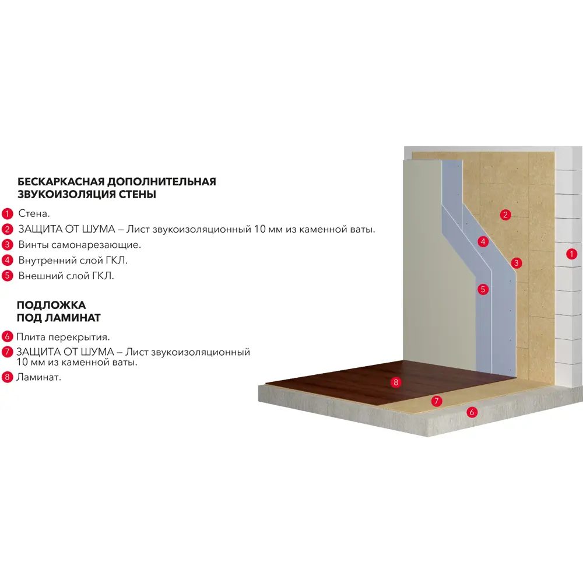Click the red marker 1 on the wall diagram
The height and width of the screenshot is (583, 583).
[571, 254]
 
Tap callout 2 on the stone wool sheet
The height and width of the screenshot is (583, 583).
[505, 215]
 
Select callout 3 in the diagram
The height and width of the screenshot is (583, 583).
[517, 263]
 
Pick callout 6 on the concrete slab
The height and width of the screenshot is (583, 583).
[472, 412]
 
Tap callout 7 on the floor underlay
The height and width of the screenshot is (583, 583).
[437, 401]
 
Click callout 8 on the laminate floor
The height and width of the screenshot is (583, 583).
[396, 382]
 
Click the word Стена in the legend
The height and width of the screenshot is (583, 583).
[34, 213]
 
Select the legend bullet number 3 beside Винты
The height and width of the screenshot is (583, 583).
[7, 245]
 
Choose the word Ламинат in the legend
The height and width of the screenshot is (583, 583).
[38, 377]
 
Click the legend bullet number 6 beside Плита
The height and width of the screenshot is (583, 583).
[7, 336]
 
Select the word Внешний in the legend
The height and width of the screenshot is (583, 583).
[37, 276]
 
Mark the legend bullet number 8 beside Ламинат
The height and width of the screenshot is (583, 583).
[7, 377]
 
